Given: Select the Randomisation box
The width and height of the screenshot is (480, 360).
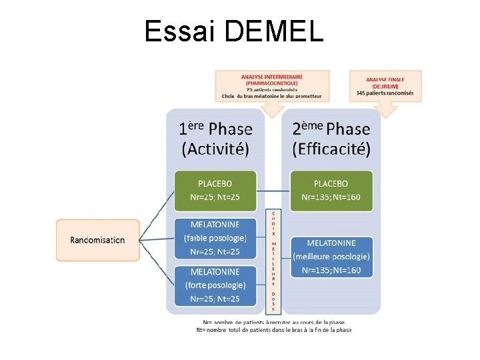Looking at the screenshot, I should point(98,240).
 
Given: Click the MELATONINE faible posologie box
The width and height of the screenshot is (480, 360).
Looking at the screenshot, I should point(215,238).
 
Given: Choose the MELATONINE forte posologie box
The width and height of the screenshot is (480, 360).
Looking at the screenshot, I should point(215,285).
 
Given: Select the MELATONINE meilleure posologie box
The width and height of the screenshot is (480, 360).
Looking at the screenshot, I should point(331,256).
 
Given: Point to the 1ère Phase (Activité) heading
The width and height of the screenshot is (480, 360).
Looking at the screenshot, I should point(216,138).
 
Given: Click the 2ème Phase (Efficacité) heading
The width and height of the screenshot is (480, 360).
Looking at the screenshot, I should point(331,138).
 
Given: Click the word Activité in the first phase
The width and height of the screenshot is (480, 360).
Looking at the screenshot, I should point(216,148).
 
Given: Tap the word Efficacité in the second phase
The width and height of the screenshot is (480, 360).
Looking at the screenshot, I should point(331,148).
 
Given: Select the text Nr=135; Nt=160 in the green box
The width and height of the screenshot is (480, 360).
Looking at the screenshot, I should point(331,197).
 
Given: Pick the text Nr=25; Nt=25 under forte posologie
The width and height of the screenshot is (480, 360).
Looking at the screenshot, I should point(215,298).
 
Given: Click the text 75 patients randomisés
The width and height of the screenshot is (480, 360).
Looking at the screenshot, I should point(272,89).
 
